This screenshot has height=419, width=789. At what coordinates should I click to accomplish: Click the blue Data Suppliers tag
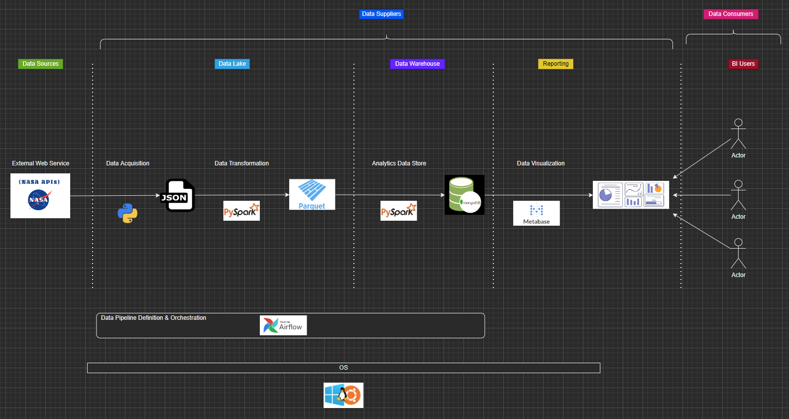coord(381,14)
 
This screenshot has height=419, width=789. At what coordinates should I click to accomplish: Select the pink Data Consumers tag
coord(730,14)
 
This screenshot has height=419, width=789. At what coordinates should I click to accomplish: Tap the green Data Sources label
coord(40,64)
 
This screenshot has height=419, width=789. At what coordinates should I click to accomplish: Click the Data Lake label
coord(232,64)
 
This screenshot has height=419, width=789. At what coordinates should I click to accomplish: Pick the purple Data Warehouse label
coord(417,64)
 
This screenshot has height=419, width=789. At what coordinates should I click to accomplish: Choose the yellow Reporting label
coord(556,64)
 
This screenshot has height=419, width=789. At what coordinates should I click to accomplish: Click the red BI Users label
coord(743,64)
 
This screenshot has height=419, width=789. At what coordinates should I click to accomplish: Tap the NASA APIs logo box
coord(40,196)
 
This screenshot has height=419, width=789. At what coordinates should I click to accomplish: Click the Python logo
coord(127,213)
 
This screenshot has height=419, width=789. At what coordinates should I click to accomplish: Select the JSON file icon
coord(178,195)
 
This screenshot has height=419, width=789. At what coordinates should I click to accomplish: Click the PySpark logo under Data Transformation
coord(241,211)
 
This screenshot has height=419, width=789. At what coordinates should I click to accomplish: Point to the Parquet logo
coord(312,194)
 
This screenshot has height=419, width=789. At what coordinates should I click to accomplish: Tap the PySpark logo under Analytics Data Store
coord(399,211)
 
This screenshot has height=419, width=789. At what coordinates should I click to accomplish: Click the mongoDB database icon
coord(464,195)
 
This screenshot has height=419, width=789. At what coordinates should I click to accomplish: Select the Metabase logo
coord(537,213)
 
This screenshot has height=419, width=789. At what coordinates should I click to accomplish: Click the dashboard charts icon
coord(631,195)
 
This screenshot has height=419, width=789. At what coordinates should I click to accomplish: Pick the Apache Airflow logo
coord(283,325)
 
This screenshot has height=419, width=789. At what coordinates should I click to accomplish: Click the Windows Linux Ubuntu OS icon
coord(343,395)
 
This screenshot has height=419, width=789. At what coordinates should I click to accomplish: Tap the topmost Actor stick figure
coord(738,134)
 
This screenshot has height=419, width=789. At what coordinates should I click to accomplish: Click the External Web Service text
coord(41,163)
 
